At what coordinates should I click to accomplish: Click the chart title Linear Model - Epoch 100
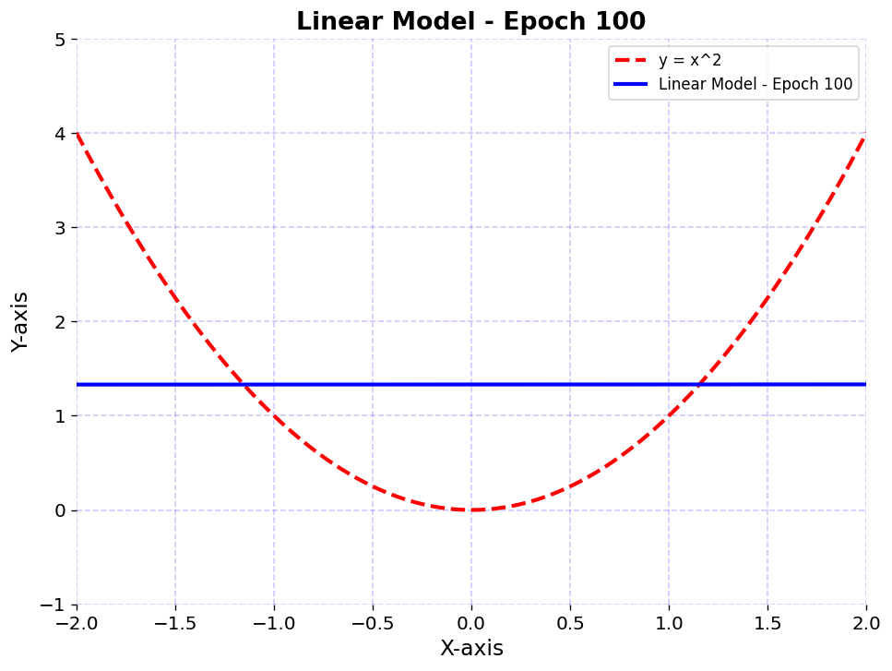coord(470,21)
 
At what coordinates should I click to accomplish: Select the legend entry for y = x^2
coord(690,61)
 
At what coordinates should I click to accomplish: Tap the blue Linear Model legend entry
coord(755,86)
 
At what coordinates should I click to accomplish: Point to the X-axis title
coord(471,648)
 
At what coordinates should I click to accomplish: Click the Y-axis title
coord(20,321)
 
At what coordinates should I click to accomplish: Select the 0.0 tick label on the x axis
coord(471,623)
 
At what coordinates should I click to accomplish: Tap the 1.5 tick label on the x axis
coord(767,623)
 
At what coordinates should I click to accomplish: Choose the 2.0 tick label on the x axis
coord(866,623)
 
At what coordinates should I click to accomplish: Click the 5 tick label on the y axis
coord(60,40)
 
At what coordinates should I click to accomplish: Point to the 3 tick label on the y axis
coord(60,228)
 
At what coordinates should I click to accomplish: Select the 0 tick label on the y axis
coord(60,510)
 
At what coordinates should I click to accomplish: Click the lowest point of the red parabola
coord(471,509)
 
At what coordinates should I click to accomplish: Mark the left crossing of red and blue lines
coord(244,384)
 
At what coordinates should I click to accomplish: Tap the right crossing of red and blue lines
coord(699,384)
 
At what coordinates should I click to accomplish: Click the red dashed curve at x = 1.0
coord(669,415)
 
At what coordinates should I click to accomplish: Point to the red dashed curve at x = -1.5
coord(175,298)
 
